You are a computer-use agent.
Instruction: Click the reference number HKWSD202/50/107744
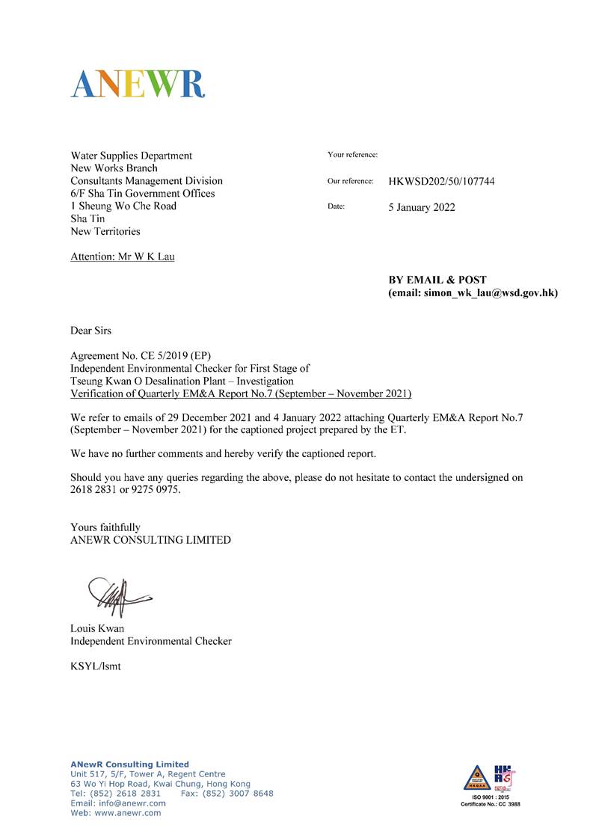tap(441, 182)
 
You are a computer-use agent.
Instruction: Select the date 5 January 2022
tap(421, 207)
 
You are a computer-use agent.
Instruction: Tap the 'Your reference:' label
tap(352, 155)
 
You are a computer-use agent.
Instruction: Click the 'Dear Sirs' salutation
tap(91, 330)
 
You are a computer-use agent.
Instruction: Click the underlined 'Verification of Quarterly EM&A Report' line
tap(241, 393)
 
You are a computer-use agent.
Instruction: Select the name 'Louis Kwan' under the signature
tap(97, 628)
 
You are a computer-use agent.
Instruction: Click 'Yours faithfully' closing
tap(105, 527)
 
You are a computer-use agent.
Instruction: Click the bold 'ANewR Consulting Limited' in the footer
tap(129, 764)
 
